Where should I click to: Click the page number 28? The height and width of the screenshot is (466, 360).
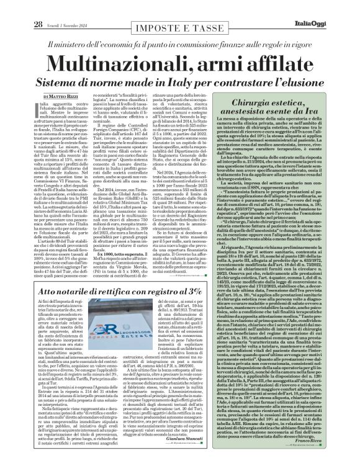[x=20, y=7]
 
